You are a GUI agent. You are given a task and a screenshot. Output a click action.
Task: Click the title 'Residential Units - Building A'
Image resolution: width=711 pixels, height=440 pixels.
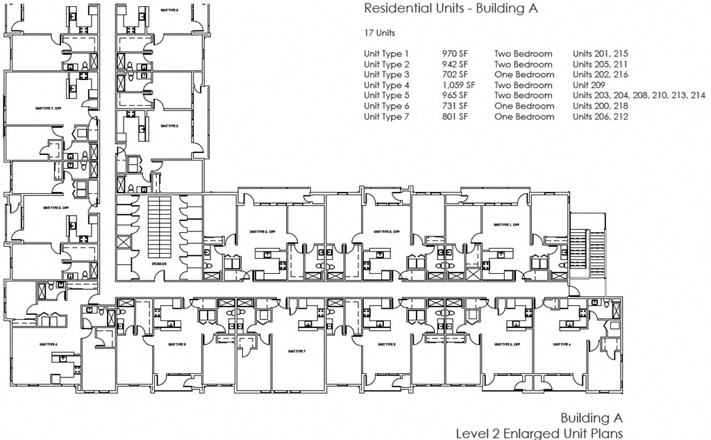click(x=451, y=9)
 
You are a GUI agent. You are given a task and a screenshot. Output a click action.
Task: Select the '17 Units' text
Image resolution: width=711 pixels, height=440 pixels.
click(x=380, y=33)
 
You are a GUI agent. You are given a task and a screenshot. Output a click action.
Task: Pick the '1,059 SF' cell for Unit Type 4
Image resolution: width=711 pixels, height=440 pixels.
click(x=458, y=85)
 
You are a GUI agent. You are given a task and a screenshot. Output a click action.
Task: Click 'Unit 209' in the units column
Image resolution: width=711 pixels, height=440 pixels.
click(x=589, y=85)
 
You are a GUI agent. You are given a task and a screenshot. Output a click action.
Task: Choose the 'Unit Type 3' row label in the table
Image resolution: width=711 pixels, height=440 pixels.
click(x=387, y=74)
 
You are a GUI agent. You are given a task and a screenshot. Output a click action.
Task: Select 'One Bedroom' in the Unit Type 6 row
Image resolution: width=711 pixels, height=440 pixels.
click(x=524, y=106)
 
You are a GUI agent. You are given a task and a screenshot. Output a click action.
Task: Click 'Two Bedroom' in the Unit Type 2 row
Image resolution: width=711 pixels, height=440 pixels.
click(x=524, y=63)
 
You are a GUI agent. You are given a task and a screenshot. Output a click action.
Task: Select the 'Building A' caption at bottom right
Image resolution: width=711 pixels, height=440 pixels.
click(x=592, y=418)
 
